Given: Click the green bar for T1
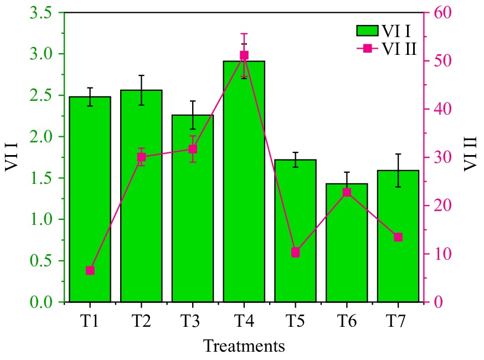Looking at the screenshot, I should coord(90,199).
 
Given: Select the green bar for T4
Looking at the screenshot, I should coord(244,183).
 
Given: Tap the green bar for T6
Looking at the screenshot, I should coord(347,249).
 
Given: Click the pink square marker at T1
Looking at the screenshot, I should coord(90,271).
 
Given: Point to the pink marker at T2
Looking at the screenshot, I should coord(141,157).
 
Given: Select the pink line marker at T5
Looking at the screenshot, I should coord(295,253).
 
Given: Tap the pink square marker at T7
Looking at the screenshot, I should coord(398,237).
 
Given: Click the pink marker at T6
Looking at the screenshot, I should coord(347,192).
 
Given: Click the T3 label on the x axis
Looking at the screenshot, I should coord(192,321).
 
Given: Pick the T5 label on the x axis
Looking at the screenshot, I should coord(295,321).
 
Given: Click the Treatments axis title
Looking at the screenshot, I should coord(244,346).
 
